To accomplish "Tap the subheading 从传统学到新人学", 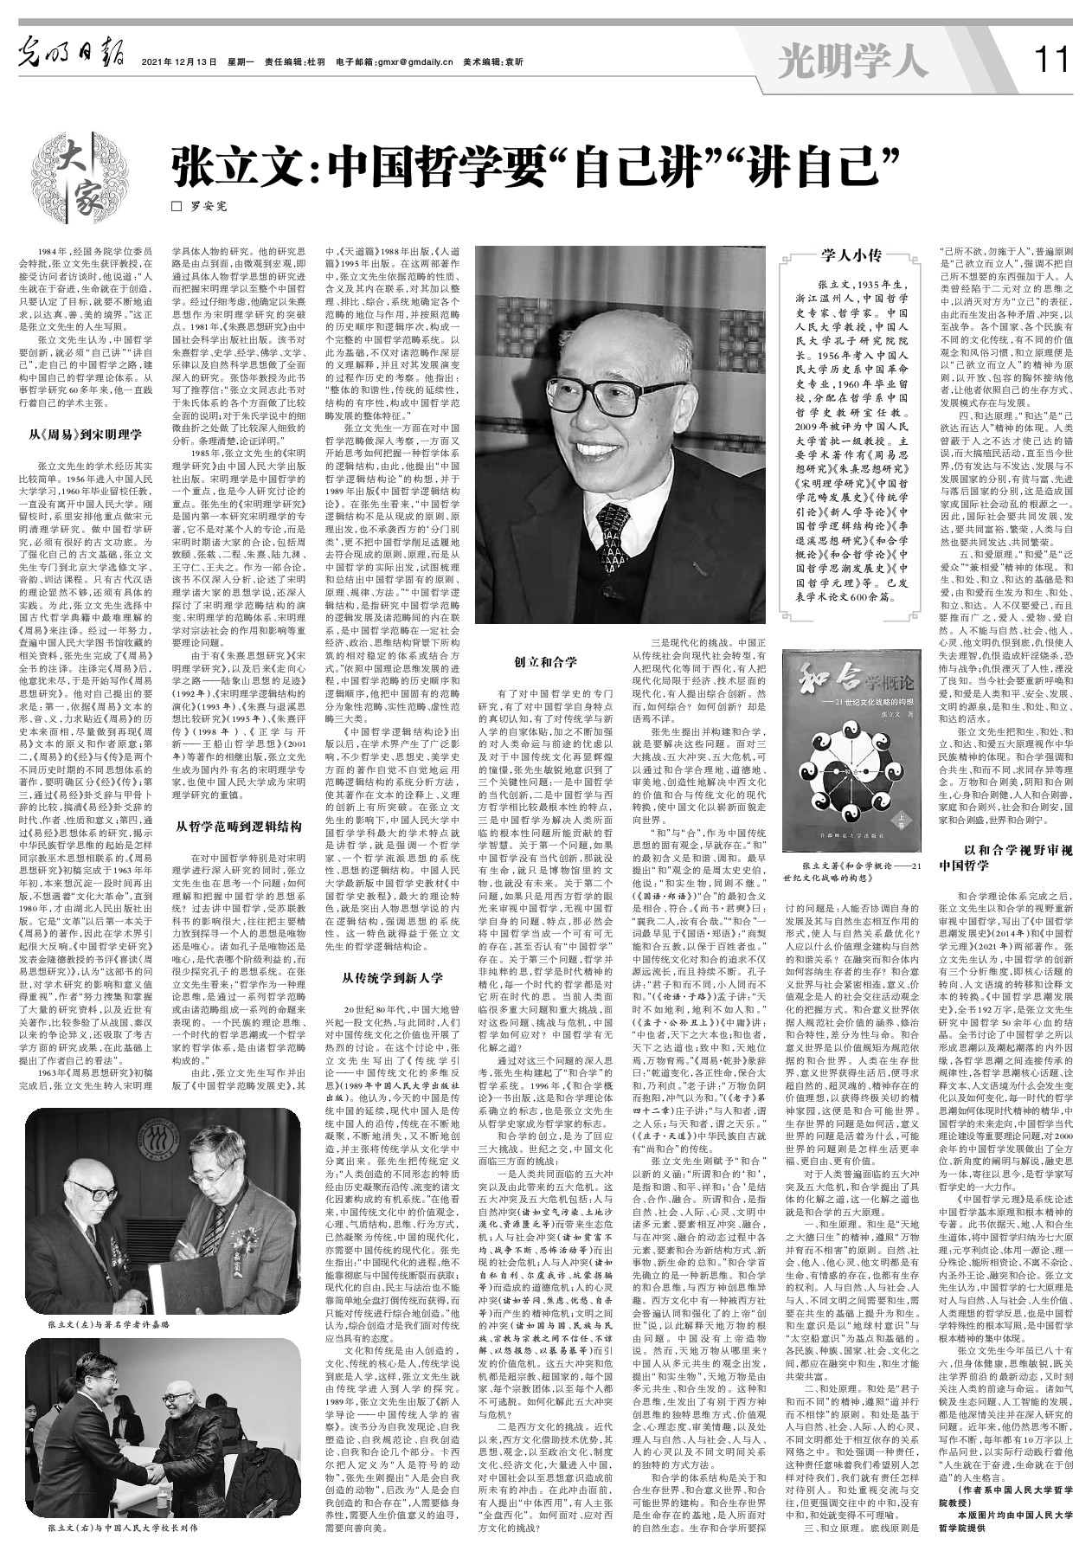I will point(393,978).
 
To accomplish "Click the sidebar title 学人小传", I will point(851,254).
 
